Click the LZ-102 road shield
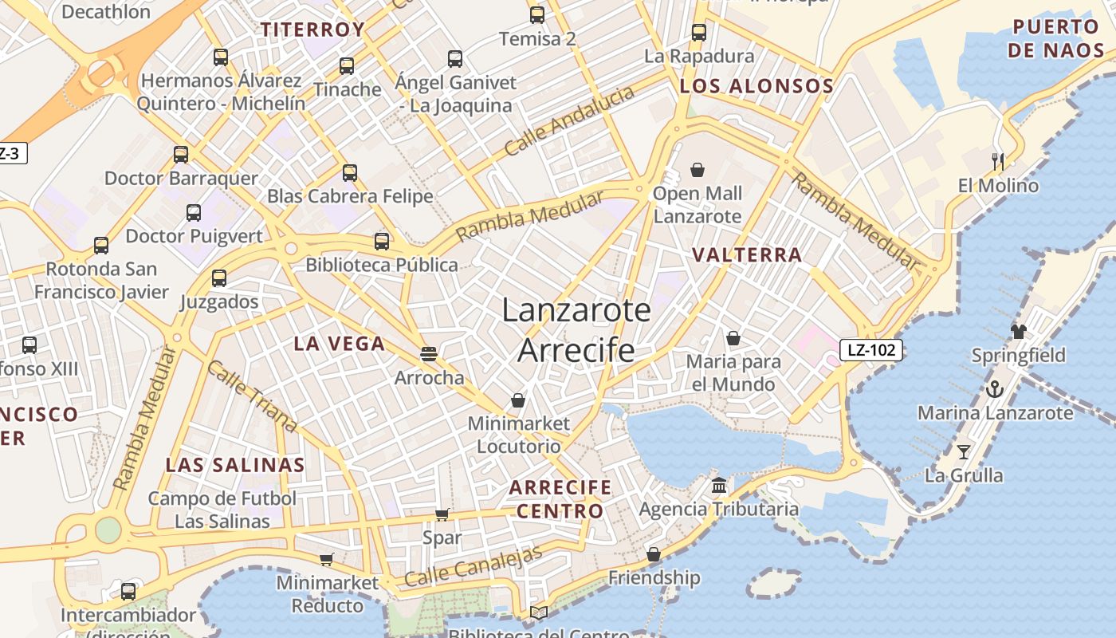click(870, 349)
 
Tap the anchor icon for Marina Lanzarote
click(994, 389)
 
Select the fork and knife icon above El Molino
click(997, 161)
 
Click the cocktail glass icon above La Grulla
click(964, 452)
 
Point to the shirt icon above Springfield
click(1018, 331)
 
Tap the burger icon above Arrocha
click(429, 353)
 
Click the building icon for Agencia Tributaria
click(719, 485)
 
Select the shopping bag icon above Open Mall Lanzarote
click(697, 170)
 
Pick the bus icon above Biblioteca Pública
click(382, 241)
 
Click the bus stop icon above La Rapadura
click(699, 33)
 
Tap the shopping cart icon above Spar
click(442, 514)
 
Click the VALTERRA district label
click(747, 255)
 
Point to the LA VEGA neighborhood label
click(339, 344)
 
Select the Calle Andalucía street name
click(569, 120)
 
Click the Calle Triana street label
click(252, 396)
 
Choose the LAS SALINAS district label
click(235, 465)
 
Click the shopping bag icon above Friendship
click(654, 553)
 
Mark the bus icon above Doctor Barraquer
click(181, 155)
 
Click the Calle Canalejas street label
click(474, 567)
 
